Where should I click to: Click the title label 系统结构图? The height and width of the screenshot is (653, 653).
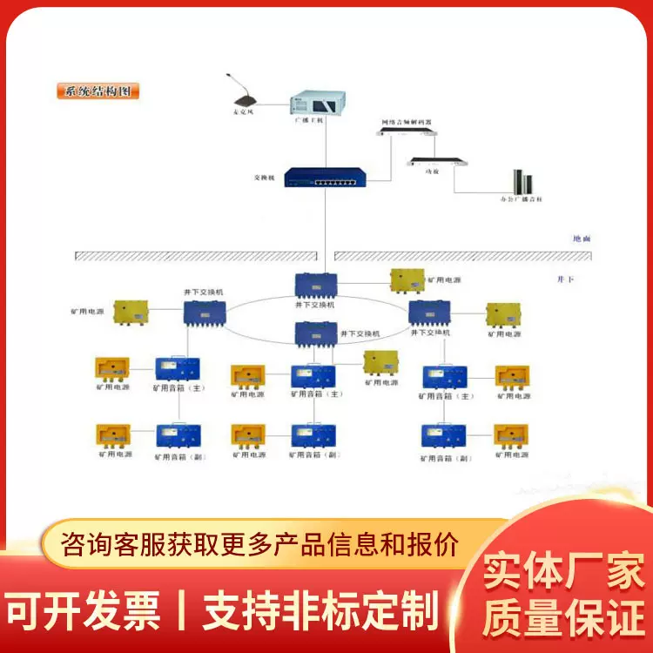tap(98, 91)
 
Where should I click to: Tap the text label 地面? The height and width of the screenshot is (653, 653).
tap(581, 238)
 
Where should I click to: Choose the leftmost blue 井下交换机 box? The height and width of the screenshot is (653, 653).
tap(205, 313)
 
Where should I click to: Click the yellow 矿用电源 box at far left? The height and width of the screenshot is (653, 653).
tap(131, 313)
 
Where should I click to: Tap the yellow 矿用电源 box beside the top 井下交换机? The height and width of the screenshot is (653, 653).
tap(407, 280)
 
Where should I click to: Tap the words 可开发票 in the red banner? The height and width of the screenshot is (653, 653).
tap(85, 610)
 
